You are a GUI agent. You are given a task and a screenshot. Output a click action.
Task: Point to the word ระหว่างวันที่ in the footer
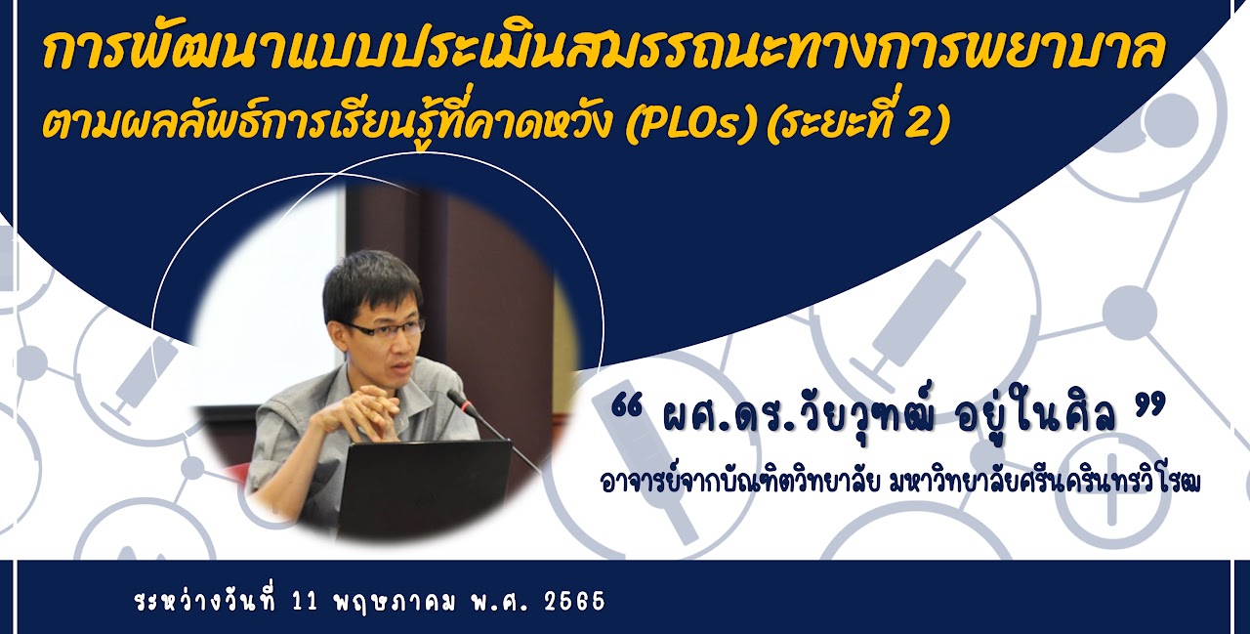click(206, 601)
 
